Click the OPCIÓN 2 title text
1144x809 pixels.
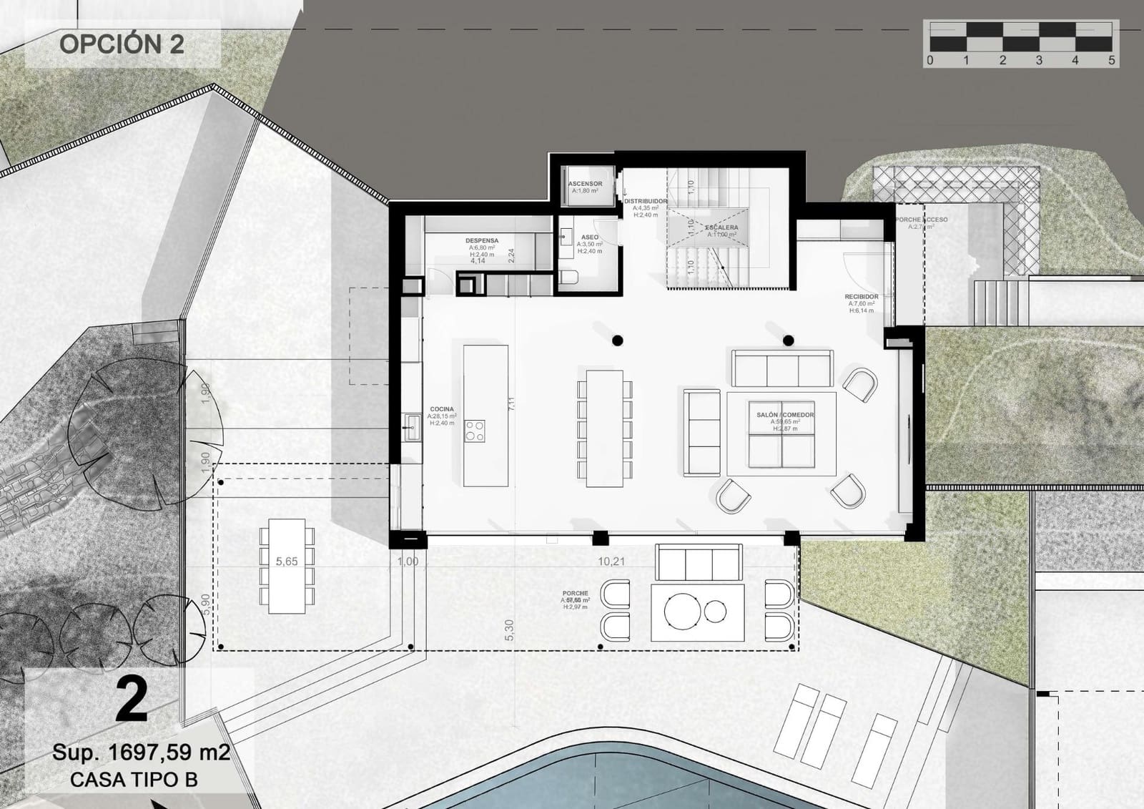(x=122, y=44)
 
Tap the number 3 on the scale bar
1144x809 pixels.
(x=1039, y=61)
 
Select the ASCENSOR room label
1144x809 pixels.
(x=585, y=184)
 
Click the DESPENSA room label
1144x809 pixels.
(x=482, y=241)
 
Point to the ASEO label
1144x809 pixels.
(x=590, y=237)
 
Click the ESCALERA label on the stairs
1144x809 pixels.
(x=721, y=227)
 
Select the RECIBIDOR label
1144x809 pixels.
(x=861, y=296)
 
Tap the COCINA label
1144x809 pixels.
(x=442, y=409)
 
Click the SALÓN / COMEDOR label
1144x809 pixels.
(x=785, y=415)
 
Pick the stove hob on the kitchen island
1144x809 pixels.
(x=475, y=431)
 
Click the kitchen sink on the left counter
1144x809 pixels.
(x=412, y=427)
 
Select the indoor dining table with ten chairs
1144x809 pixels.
(x=604, y=428)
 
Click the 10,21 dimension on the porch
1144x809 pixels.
(x=611, y=562)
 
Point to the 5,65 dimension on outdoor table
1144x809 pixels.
(x=287, y=562)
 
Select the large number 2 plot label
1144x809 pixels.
(x=132, y=701)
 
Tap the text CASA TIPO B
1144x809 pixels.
(x=134, y=780)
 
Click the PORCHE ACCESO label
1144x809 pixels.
(x=922, y=220)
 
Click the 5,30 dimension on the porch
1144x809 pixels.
(x=509, y=629)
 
